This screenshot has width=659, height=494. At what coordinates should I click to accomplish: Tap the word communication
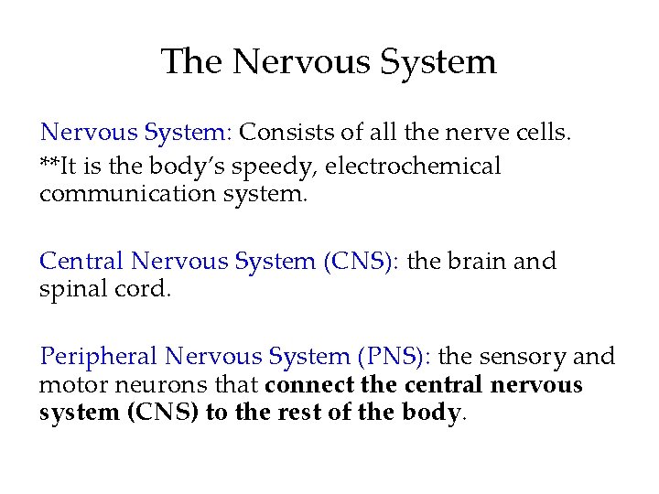[113, 195]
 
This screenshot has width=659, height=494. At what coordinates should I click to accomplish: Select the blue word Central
[81, 262]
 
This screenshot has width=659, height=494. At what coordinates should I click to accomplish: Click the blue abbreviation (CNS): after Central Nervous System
[360, 262]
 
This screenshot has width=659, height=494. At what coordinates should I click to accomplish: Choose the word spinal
[70, 289]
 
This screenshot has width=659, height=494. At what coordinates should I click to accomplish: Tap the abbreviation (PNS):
[398, 357]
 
